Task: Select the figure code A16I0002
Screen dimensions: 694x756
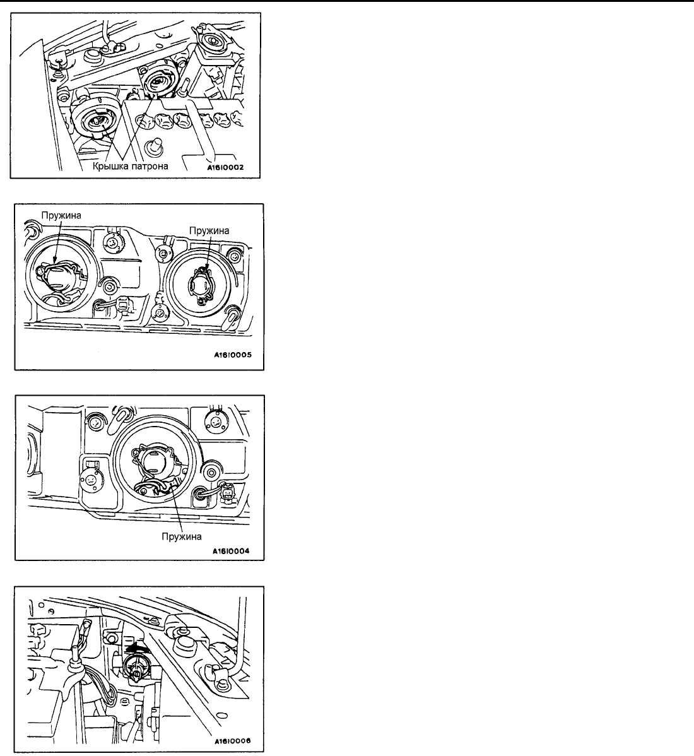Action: pos(225,168)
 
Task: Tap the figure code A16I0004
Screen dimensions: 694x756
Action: pos(233,551)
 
